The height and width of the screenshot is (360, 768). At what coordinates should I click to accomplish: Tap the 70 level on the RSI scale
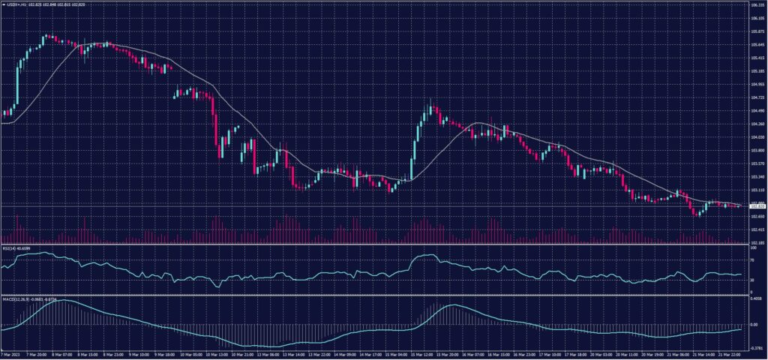752,260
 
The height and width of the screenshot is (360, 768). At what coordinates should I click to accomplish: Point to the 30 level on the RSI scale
752,280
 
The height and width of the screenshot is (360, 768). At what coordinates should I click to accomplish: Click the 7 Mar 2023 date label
12,354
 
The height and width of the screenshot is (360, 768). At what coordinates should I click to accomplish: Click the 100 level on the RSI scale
753,247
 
